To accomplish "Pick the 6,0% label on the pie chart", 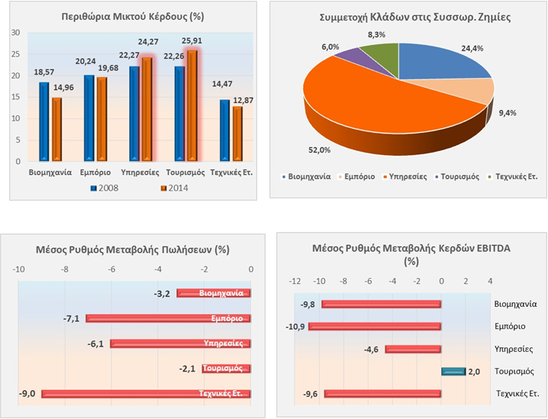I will tap(330, 47).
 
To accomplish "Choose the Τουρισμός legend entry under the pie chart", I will tap(458, 176).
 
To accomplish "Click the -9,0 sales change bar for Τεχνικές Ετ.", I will tap(146, 394).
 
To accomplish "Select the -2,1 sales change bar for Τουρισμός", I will tap(227, 369).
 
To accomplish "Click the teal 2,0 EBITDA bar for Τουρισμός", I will tap(453, 372).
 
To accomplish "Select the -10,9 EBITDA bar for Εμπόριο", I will tap(375, 327).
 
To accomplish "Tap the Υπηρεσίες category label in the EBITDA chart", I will tap(513, 349).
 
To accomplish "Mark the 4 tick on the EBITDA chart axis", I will tap(490, 281).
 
